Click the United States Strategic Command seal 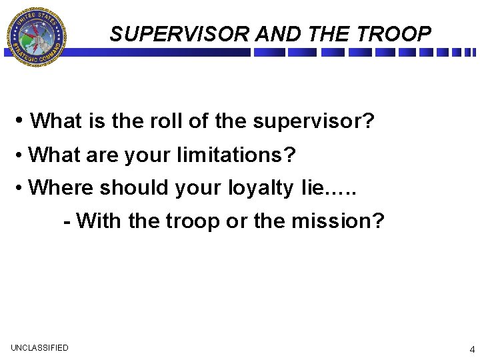36,37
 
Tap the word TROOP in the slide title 398,34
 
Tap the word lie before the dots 311,187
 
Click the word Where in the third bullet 62,188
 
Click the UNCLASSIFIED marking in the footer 39,347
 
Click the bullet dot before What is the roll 22,121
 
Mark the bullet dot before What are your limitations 21,155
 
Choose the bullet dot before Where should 21,189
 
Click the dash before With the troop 67,221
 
